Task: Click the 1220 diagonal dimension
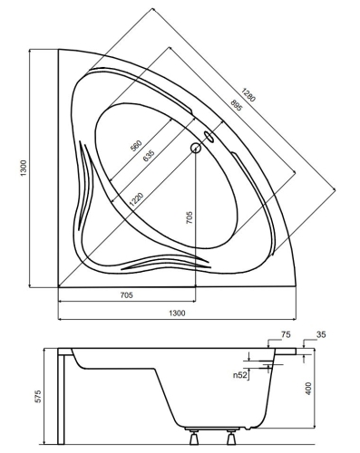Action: (139, 194)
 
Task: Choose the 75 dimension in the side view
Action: (287, 335)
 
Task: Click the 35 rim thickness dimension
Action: (321, 335)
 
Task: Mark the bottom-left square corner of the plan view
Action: (58, 282)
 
